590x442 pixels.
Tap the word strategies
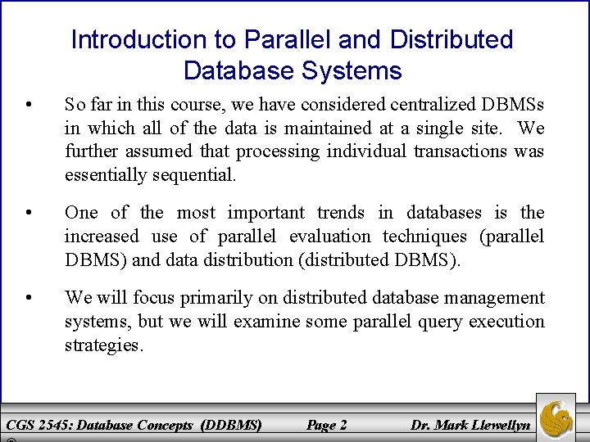coord(104,345)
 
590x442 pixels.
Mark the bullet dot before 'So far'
coord(29,105)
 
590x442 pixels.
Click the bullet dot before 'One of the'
coord(29,213)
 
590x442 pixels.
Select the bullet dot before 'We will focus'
coord(29,297)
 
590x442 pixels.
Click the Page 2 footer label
coord(326,425)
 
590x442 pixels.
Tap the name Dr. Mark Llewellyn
coord(470,425)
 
